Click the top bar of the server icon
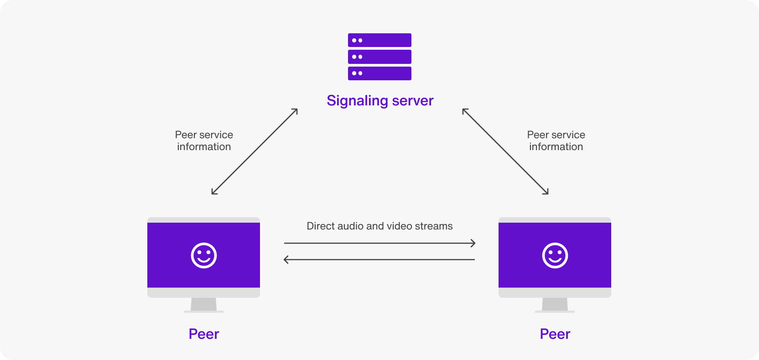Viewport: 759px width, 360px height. click(379, 40)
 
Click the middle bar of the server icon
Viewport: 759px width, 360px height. click(379, 57)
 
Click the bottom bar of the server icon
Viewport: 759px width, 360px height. click(379, 73)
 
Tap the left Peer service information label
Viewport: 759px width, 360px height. click(204, 141)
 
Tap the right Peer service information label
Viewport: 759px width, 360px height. click(556, 141)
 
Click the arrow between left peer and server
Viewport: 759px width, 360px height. click(255, 151)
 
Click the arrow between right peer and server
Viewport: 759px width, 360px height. click(505, 151)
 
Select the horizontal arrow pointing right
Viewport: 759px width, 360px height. click(379, 243)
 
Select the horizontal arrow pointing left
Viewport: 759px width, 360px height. click(379, 260)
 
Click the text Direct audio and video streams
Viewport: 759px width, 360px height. click(379, 226)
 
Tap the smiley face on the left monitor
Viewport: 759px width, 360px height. click(204, 256)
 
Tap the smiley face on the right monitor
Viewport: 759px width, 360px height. click(555, 256)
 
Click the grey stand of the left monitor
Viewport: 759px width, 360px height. click(204, 305)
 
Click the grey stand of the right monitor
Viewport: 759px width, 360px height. click(555, 305)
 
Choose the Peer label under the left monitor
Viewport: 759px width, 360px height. click(204, 334)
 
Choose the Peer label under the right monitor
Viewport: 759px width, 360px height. click(555, 334)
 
